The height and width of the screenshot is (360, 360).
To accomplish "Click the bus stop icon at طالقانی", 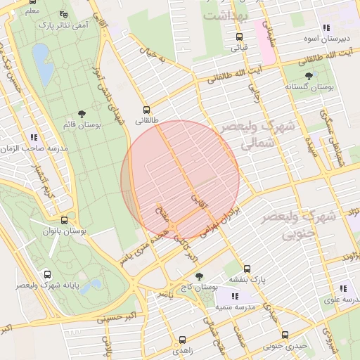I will (x=146, y=110).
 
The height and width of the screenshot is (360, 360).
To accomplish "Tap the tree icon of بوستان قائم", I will (x=82, y=113).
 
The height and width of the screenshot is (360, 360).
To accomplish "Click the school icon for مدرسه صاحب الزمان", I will (x=33, y=137).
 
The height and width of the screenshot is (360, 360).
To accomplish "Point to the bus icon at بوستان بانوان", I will (x=64, y=220).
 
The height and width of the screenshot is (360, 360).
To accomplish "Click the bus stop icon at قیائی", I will (x=239, y=37).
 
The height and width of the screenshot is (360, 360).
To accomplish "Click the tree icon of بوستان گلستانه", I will (x=308, y=75).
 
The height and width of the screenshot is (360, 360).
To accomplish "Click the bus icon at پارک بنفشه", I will (x=247, y=269).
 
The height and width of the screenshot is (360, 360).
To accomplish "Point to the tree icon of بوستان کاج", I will (x=199, y=276).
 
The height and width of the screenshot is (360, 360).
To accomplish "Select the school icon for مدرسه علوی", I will (x=342, y=288).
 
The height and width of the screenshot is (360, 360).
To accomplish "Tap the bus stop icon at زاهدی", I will (x=183, y=340).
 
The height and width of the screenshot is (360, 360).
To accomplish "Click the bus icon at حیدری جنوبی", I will (x=285, y=335).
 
